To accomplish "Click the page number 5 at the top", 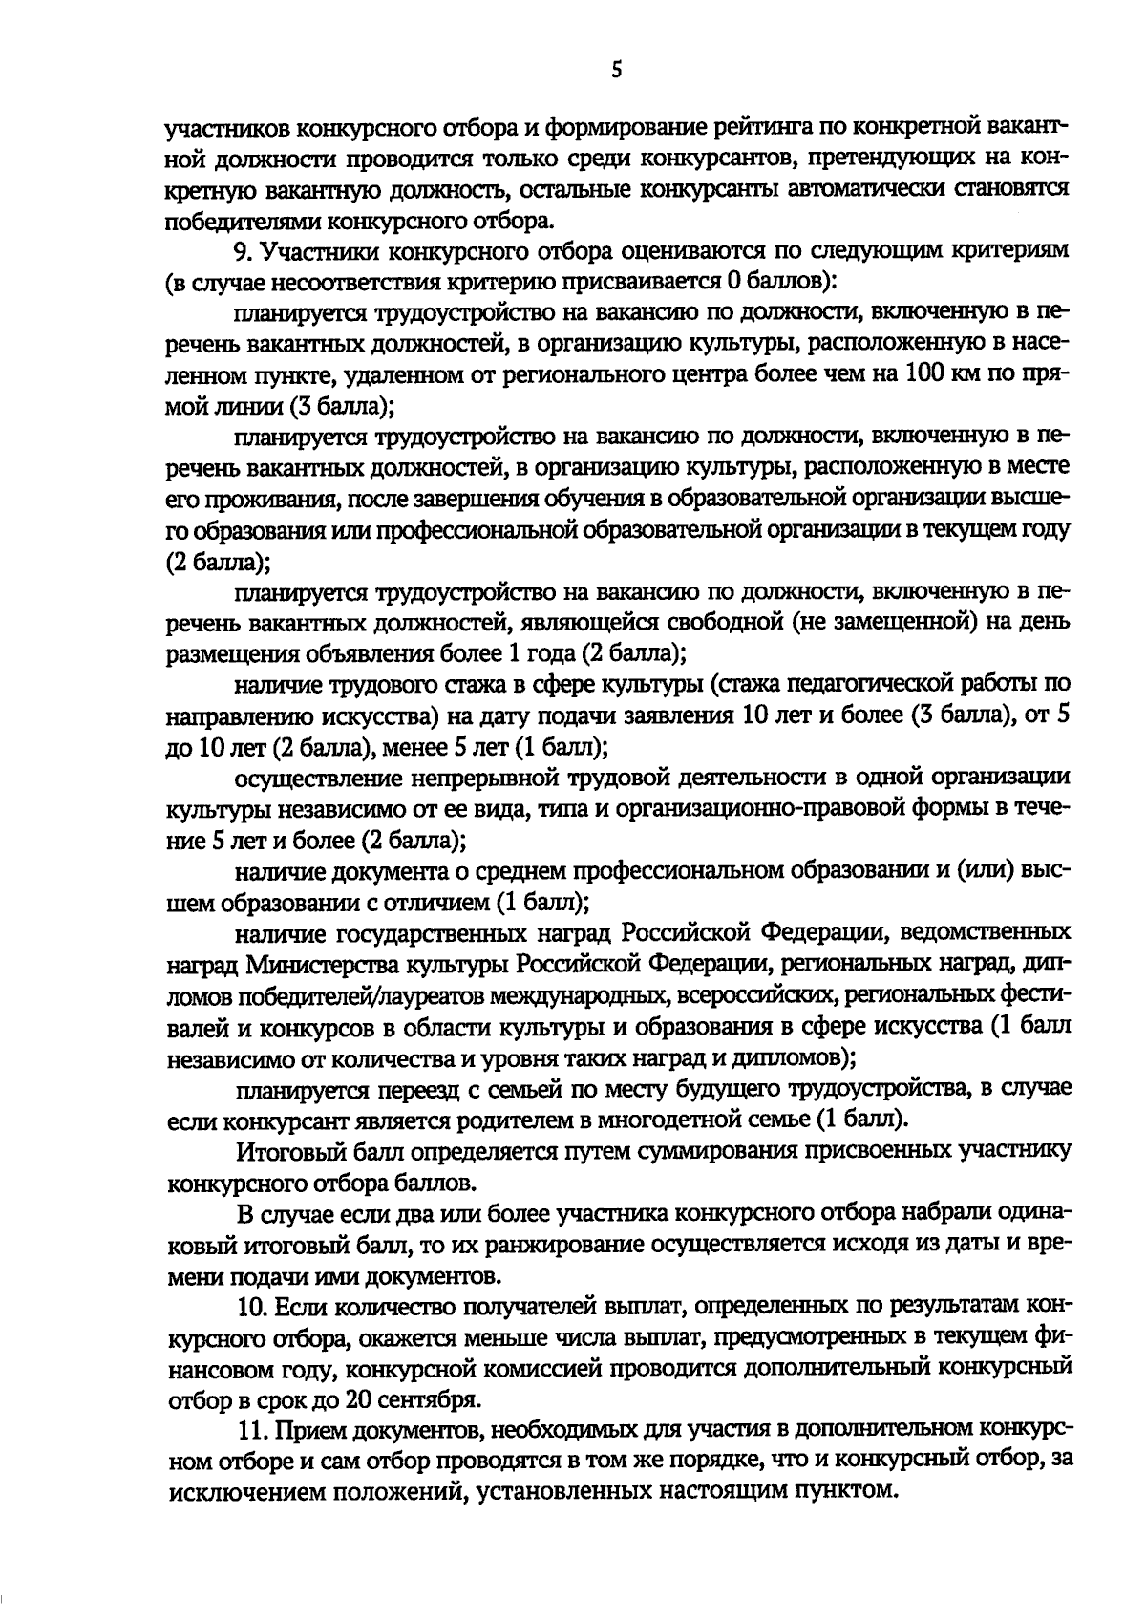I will (617, 70).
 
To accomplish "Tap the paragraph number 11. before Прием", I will (251, 1428).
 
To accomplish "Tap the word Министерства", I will (329, 963).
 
